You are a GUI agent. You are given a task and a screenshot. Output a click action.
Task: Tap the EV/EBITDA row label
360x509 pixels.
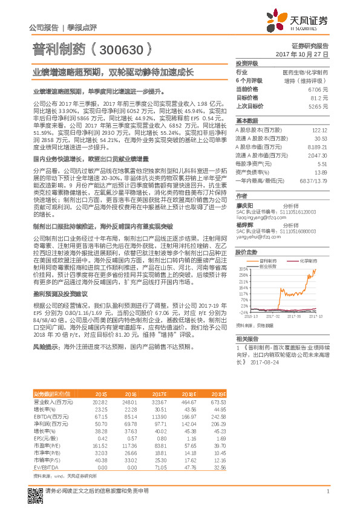click(x=47, y=467)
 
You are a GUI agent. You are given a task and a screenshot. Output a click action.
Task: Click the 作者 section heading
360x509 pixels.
click(x=241, y=196)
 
